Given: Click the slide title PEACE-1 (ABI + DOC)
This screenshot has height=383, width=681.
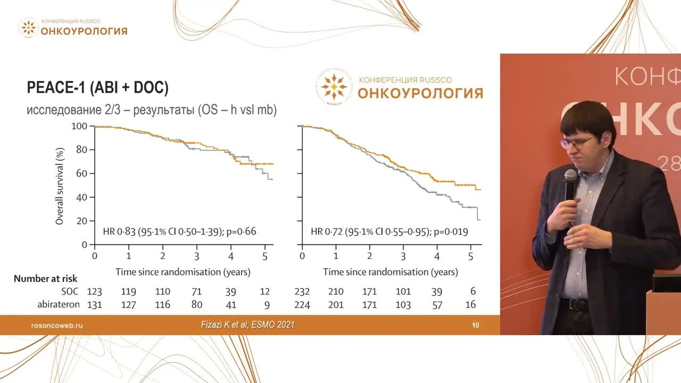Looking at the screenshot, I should [97, 88].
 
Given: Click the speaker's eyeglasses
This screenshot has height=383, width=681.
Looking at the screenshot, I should [577, 143].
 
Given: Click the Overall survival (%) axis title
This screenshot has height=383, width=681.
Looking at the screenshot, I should [60, 186].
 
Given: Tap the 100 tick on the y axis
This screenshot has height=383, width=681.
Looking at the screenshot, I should [79, 126].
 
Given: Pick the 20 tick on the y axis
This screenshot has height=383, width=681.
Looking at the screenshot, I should [82, 221].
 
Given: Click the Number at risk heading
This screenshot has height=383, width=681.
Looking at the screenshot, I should [45, 279].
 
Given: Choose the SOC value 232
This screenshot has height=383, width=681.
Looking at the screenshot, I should [302, 292].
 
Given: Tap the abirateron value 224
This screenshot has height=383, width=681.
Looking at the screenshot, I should [302, 305].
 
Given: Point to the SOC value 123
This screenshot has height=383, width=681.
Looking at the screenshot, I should [95, 292].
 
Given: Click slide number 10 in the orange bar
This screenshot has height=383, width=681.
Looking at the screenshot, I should [476, 325].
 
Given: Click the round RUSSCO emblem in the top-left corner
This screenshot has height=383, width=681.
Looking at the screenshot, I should [28, 28].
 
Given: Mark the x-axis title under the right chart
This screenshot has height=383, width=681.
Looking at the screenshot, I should [390, 272].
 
